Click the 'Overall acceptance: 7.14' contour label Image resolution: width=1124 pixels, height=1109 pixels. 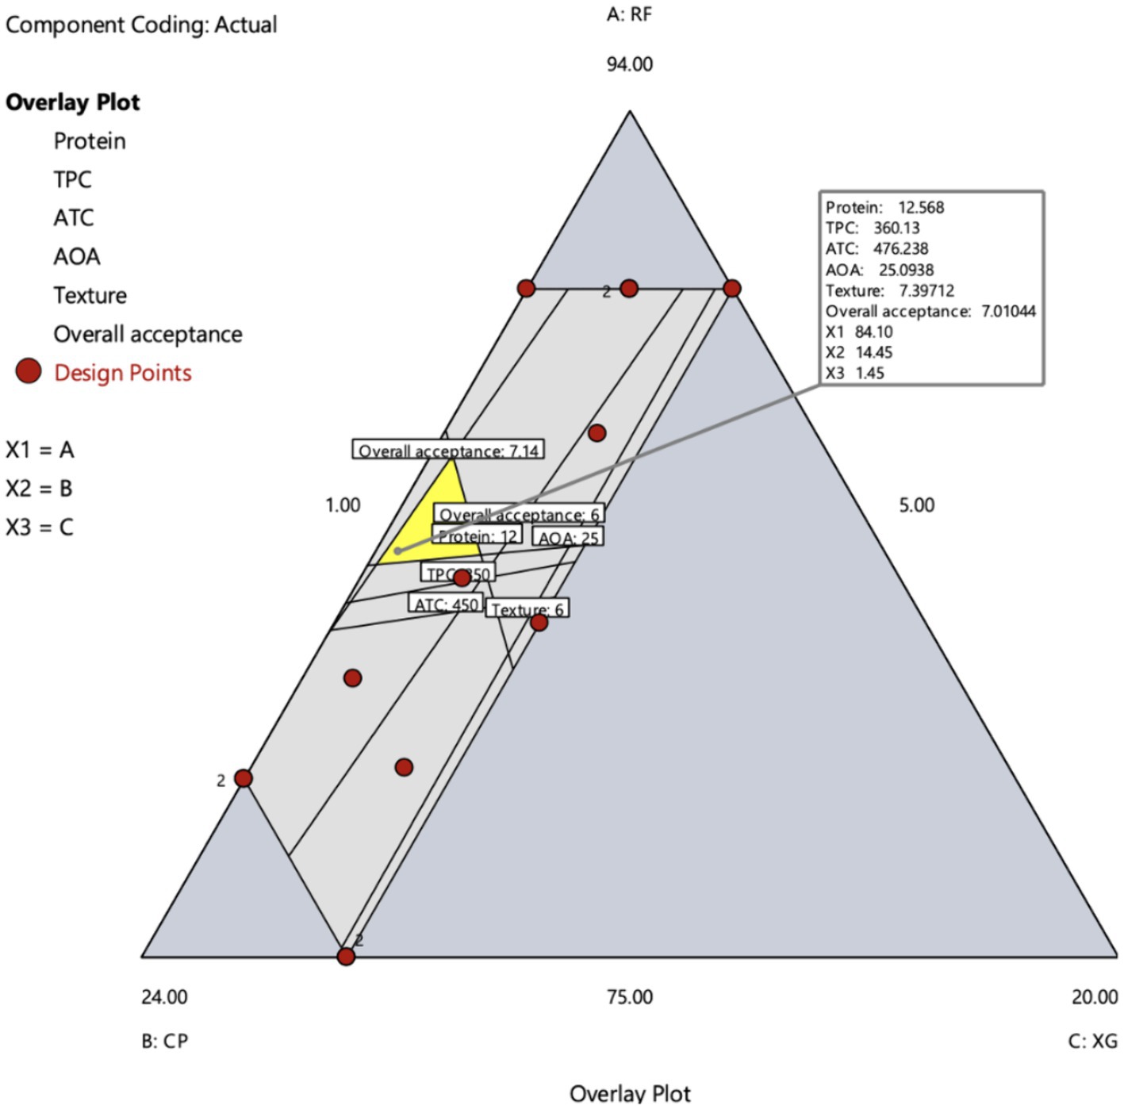tap(448, 451)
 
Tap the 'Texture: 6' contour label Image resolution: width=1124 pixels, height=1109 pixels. tap(527, 609)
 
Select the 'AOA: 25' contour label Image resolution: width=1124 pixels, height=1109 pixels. tap(568, 538)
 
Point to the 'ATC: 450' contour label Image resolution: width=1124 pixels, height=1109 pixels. tap(447, 604)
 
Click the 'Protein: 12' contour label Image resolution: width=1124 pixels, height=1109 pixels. tap(477, 536)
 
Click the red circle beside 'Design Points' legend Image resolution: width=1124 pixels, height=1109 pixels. tap(29, 371)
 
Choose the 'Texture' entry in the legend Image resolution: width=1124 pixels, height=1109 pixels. tap(90, 295)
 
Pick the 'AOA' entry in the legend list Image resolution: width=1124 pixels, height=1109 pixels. tap(77, 256)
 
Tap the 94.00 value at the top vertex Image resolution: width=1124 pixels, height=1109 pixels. tap(630, 64)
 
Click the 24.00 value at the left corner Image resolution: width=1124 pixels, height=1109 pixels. tap(164, 997)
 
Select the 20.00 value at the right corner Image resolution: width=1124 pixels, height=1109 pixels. tap(1095, 997)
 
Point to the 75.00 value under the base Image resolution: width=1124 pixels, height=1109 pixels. tap(630, 997)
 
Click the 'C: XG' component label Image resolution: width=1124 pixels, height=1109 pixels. tap(1092, 1041)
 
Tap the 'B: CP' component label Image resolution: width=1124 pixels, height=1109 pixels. tap(165, 1041)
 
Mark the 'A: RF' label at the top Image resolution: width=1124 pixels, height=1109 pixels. tap(630, 14)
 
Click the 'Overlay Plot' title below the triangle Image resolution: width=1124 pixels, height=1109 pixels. tap(630, 1093)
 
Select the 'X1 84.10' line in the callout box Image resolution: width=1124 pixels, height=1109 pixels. tap(858, 332)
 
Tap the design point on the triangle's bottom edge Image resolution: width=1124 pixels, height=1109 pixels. tap(346, 956)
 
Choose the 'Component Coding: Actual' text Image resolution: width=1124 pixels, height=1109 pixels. tap(141, 25)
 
